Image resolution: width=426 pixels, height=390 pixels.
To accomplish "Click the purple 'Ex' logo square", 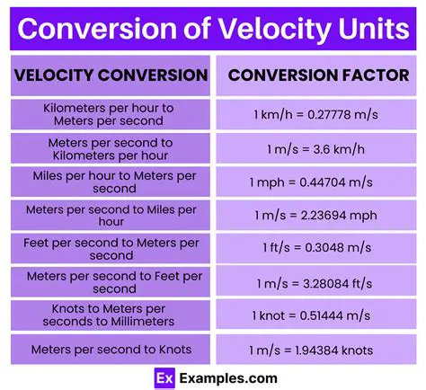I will [x=163, y=377].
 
